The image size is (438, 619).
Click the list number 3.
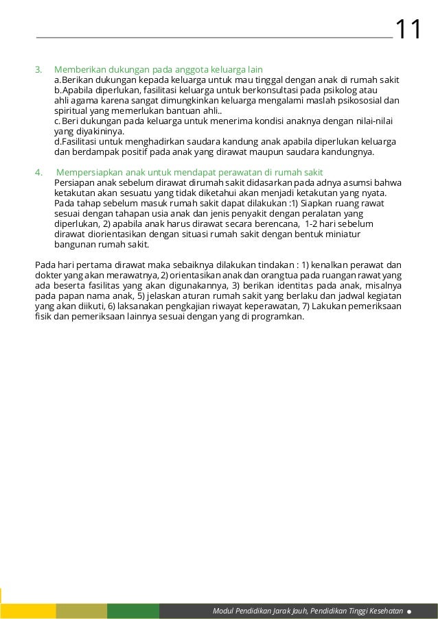pos(38,69)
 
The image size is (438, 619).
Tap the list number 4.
pos(38,171)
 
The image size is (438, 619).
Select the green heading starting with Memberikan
pos(159,69)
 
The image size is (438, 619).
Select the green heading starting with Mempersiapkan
pos(189,171)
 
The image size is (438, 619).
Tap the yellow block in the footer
pos(28,611)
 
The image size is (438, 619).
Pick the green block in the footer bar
pos(133,611)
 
